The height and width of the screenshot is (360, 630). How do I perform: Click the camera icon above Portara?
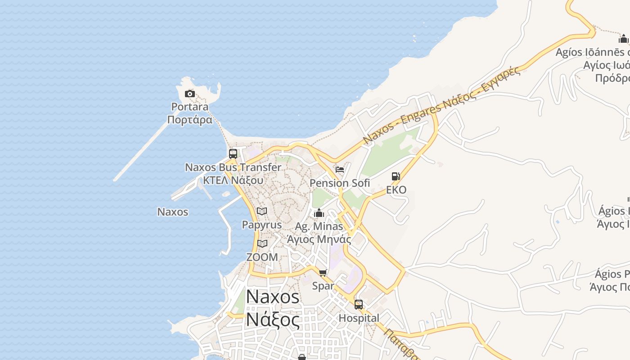(x=190, y=94)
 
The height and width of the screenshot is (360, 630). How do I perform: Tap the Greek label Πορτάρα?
(x=189, y=120)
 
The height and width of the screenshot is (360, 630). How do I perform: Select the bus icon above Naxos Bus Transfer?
(x=233, y=153)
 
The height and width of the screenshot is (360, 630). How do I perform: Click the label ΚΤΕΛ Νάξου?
(x=233, y=180)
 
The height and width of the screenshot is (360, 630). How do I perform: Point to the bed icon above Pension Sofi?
(x=340, y=170)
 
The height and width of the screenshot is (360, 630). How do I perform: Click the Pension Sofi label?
(x=340, y=183)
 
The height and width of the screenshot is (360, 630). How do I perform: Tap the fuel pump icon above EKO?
(x=396, y=176)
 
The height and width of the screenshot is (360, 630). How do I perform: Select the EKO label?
(x=396, y=190)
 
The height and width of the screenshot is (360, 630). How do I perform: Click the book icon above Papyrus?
(x=262, y=211)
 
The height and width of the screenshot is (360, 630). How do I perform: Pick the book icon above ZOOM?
(x=262, y=243)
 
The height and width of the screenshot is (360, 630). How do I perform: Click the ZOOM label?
(x=262, y=257)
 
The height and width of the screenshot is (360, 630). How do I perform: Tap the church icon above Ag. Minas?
(x=319, y=213)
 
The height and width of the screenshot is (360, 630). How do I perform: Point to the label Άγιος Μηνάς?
(x=319, y=239)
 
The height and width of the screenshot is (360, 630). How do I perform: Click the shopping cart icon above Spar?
(x=323, y=272)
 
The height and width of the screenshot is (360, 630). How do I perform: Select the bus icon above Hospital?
(x=359, y=305)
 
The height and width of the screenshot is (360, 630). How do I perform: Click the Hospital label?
(x=359, y=318)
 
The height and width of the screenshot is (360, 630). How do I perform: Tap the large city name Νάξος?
(x=273, y=320)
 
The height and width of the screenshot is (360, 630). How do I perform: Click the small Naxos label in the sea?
(x=173, y=211)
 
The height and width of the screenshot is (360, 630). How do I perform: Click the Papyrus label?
(x=262, y=225)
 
